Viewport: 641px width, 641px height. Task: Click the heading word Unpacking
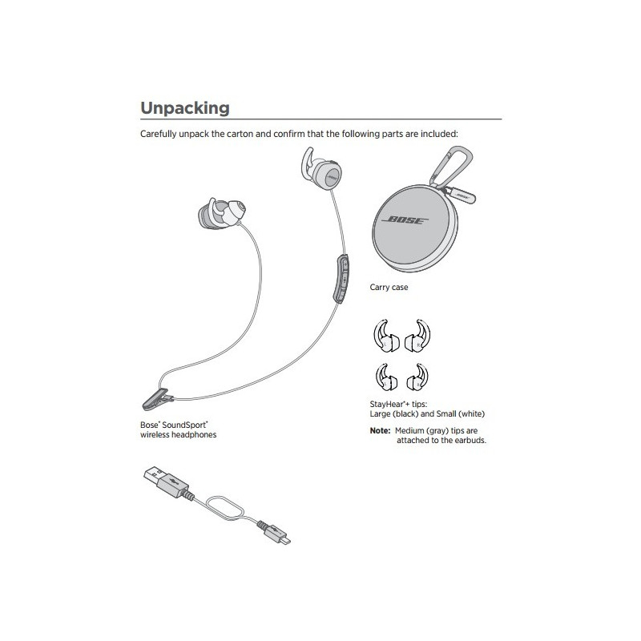[185, 108]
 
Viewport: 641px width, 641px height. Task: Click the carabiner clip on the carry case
[453, 167]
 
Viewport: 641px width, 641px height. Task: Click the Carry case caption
[389, 288]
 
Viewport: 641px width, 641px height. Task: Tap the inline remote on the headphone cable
[342, 278]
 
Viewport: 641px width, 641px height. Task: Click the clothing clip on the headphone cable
[158, 398]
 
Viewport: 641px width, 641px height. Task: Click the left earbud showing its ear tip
[221, 213]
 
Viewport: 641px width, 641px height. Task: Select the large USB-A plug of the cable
[167, 482]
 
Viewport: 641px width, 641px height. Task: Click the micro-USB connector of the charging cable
[274, 533]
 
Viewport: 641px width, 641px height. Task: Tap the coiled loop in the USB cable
[225, 508]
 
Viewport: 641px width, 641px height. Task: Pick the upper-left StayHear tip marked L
[385, 336]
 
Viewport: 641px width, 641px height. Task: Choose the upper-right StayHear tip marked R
[417, 336]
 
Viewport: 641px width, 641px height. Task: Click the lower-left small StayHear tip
[386, 377]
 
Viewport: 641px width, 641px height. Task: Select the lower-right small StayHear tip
[417, 377]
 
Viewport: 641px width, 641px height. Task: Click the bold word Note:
[380, 430]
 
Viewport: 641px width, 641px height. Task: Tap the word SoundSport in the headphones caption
[185, 425]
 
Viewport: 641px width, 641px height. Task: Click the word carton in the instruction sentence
[240, 134]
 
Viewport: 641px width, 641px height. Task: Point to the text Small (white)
[460, 413]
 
